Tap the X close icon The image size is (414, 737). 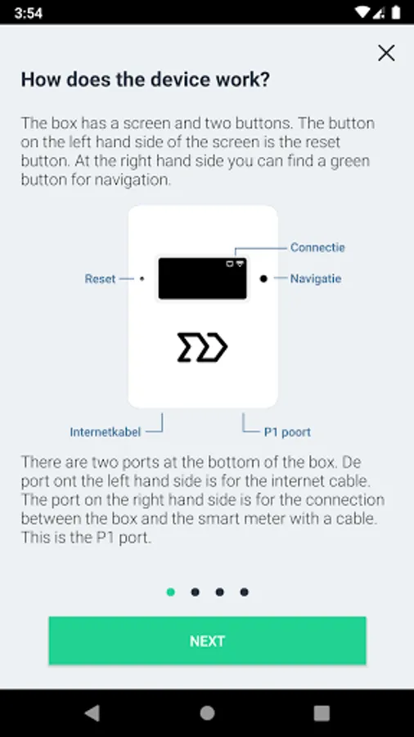(x=386, y=53)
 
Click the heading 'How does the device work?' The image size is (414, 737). (x=146, y=79)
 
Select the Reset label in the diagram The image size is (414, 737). (x=100, y=278)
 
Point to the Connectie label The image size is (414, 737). (x=317, y=247)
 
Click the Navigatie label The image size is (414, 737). (x=316, y=278)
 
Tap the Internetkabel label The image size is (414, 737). (x=106, y=432)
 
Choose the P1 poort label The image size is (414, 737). (x=287, y=432)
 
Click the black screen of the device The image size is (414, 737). (x=202, y=278)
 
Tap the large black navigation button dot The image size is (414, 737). (x=263, y=278)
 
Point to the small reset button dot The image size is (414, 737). (x=142, y=278)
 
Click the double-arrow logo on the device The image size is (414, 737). (x=202, y=347)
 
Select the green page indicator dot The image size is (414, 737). (x=171, y=592)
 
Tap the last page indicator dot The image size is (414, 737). (x=244, y=592)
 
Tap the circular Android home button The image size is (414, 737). (x=207, y=713)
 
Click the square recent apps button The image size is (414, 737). (x=322, y=713)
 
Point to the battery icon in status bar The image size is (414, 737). (x=396, y=12)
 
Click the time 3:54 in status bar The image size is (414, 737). (x=28, y=12)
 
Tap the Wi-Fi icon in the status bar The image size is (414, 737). (x=362, y=12)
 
